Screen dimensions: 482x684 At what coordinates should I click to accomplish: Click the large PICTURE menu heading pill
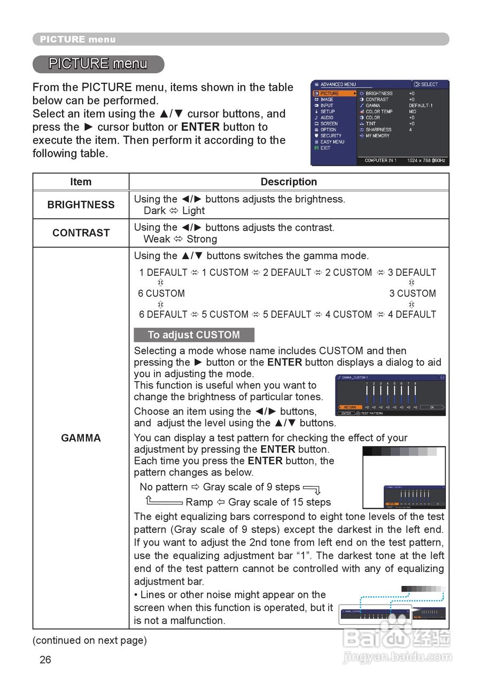pos(98,64)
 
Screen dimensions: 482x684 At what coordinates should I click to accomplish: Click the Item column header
pos(81,182)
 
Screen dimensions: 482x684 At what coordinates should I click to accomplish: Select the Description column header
pos(289,182)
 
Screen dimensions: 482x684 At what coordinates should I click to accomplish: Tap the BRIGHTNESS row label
pos(81,205)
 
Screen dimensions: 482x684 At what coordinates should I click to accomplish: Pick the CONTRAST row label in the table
pos(81,233)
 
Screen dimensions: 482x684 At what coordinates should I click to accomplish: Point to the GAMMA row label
pos(81,438)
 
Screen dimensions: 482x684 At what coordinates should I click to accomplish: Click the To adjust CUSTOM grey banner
pos(194,335)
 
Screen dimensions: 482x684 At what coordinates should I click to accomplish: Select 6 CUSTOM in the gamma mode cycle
pos(161,293)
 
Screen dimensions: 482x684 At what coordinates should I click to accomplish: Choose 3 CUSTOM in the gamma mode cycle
pos(413,293)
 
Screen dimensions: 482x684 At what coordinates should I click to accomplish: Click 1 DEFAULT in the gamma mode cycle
pos(164,273)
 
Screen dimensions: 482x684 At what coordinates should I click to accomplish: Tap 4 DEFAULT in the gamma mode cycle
pos(412,314)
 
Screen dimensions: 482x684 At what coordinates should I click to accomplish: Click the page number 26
pos(45,660)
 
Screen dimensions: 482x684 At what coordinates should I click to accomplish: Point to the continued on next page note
pos(90,640)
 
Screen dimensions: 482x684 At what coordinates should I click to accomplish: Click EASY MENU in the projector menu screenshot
pos(332,142)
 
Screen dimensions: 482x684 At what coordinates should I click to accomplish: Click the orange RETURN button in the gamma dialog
pos(350,407)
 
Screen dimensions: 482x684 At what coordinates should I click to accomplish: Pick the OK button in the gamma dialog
pos(432,407)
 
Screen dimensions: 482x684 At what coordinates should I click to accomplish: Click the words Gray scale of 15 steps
pos(279,502)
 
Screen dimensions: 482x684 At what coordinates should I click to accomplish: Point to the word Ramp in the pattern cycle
pos(199,502)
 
